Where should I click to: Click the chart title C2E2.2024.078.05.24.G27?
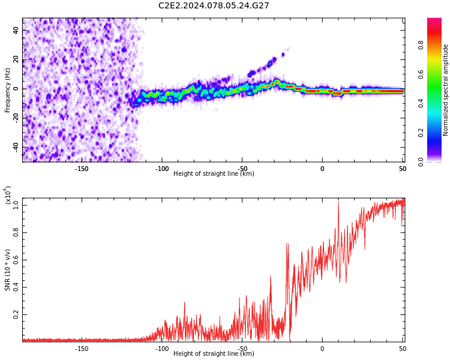214,5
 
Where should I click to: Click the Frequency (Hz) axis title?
7,90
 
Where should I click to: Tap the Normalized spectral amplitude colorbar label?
445,90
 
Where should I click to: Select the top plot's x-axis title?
214,173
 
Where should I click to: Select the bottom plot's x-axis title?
214,353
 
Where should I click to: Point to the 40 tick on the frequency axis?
16,30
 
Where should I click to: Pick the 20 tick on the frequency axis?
16,59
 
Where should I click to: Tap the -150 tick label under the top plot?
82,169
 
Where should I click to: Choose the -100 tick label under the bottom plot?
161,349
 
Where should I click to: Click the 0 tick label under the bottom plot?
322,349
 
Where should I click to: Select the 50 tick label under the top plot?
403,169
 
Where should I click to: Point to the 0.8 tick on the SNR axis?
16,233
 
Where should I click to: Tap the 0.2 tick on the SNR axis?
16,314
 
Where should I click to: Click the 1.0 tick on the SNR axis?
16,205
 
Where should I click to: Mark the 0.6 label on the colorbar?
421,74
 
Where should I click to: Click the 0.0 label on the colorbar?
421,162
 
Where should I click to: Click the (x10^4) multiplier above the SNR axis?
8,195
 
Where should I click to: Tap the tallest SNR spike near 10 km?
338,202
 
